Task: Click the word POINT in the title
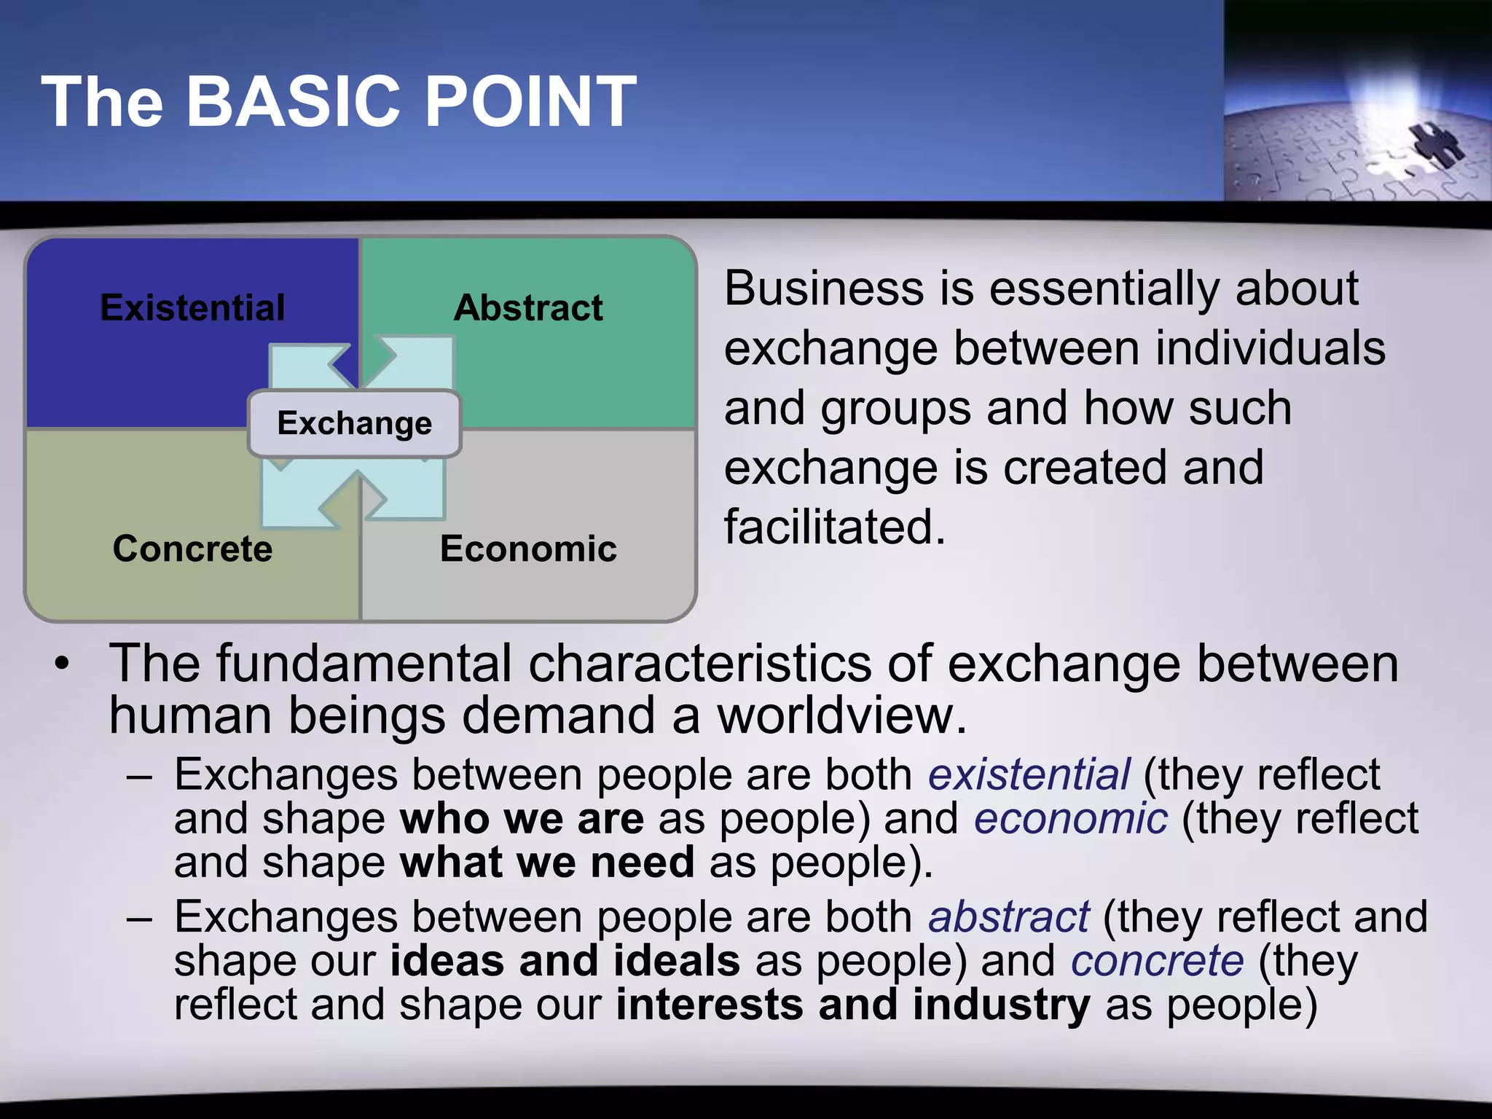530,102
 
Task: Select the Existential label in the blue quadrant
192,308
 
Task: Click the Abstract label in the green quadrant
528,308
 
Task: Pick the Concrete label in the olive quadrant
192,549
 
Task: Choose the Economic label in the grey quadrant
528,549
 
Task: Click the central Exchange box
355,423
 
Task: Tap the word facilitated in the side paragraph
834,527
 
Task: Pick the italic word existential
1029,774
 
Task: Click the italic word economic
1071,818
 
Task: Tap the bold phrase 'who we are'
522,818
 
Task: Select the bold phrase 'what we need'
547,863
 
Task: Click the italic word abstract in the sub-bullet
1008,916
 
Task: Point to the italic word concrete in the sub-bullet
1157,961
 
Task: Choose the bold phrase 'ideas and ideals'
565,961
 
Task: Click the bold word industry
1001,1005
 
